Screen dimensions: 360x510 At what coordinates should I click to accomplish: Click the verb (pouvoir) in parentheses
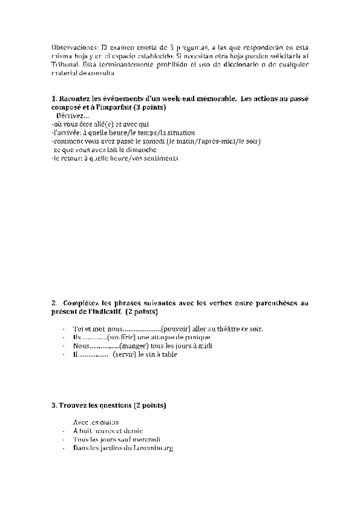coord(177,329)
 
